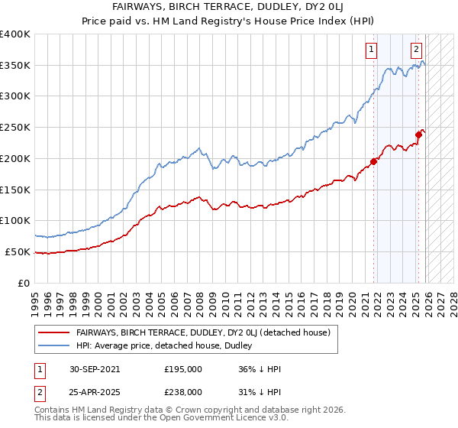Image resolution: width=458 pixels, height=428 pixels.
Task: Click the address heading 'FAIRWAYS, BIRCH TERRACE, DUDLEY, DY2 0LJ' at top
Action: tap(229, 5)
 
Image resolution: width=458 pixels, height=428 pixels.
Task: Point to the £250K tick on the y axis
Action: tap(15, 128)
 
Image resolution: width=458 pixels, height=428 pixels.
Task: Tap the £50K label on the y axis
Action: tap(18, 251)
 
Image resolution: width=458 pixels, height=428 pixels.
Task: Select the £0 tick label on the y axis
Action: tap(24, 283)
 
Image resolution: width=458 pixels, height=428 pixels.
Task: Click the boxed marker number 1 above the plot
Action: tap(371, 50)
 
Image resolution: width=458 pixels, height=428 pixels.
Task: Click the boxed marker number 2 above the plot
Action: tap(417, 50)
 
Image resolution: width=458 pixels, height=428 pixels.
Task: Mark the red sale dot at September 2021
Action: tap(374, 161)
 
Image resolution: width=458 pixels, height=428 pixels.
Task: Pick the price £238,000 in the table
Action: tap(182, 391)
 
